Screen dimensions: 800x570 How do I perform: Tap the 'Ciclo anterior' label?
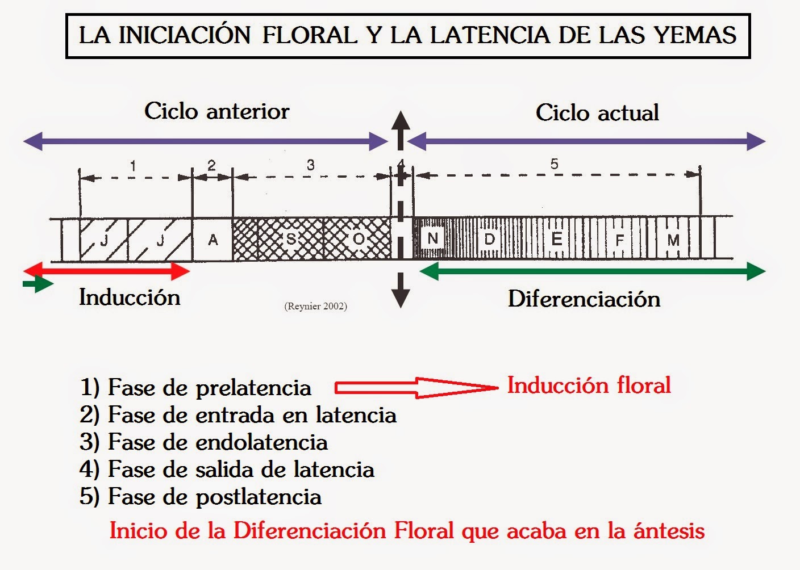(x=217, y=111)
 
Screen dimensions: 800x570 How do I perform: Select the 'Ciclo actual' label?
(x=597, y=113)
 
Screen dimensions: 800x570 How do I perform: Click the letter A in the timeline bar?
(x=213, y=240)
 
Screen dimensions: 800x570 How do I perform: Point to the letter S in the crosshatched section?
(x=291, y=239)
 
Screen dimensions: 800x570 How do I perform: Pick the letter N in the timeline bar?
(x=432, y=238)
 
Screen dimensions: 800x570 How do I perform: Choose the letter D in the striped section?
(x=489, y=239)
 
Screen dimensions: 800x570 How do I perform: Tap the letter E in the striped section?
(x=556, y=239)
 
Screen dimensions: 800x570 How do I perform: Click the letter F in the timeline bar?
(x=620, y=240)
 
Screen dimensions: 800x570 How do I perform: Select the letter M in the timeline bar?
(x=673, y=240)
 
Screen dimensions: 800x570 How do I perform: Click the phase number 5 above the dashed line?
(x=554, y=164)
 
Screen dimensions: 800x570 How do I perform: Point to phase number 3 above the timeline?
(x=310, y=165)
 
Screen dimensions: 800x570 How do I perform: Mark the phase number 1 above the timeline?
(x=133, y=166)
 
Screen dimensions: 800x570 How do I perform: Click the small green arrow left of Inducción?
(x=38, y=284)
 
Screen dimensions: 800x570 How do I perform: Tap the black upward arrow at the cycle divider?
(x=401, y=130)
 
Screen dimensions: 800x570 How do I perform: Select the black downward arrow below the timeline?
(x=401, y=290)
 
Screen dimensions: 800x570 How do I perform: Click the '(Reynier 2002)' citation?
(x=316, y=306)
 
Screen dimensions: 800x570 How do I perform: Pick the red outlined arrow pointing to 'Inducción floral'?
(x=416, y=388)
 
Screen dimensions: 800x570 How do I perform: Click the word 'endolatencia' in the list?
(x=262, y=443)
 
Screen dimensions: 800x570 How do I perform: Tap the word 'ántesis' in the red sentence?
(x=669, y=531)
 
